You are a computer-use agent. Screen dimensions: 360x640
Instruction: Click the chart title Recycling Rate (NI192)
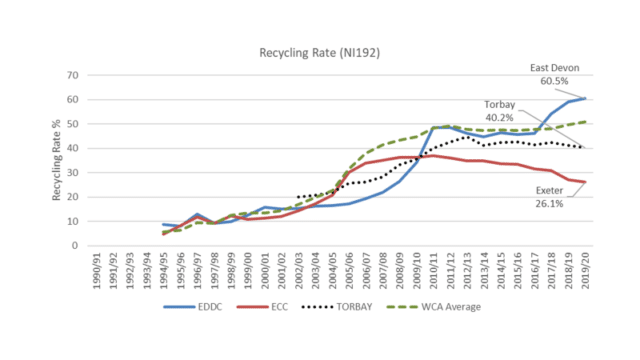click(x=320, y=49)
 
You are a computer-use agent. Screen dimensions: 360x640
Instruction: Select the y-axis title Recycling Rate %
click(x=58, y=160)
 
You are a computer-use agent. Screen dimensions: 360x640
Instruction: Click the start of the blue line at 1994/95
click(x=163, y=224)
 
